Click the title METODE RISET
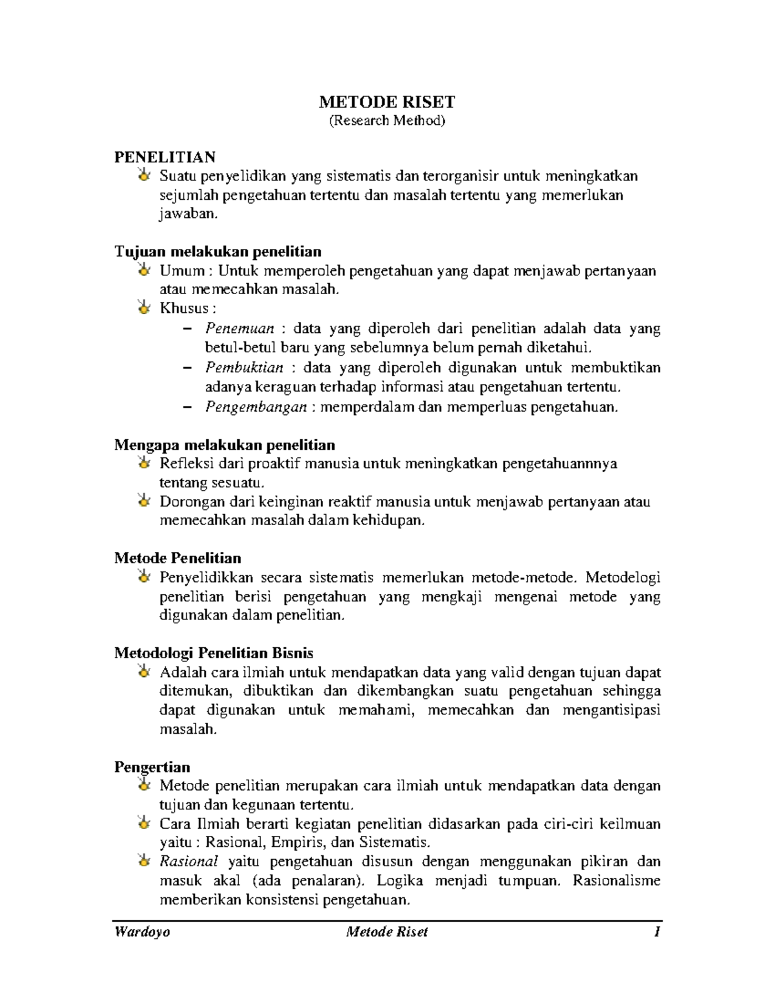(x=387, y=102)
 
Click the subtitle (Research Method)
(x=387, y=120)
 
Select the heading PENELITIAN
(x=165, y=157)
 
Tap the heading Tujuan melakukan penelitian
(x=218, y=251)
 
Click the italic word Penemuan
(x=240, y=328)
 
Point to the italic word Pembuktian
(x=244, y=367)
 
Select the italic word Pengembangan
(x=256, y=407)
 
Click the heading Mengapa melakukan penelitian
(x=224, y=445)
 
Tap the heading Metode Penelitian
(x=178, y=558)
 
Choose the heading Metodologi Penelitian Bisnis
(x=214, y=652)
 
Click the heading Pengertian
(x=152, y=767)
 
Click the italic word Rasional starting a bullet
(x=189, y=861)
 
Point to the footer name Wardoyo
(x=142, y=932)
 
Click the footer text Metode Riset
(x=387, y=932)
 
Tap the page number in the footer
(x=657, y=932)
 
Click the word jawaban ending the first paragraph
(x=185, y=214)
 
